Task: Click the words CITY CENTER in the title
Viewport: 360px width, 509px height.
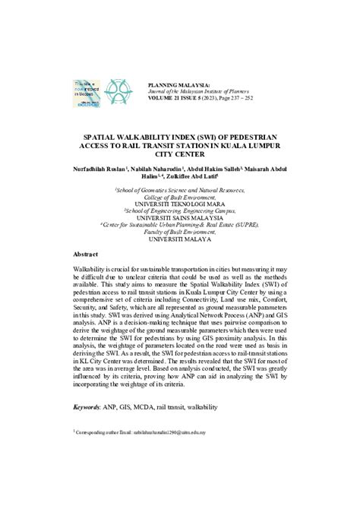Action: (180, 151)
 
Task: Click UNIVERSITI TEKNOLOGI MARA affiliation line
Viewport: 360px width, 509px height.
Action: (180, 204)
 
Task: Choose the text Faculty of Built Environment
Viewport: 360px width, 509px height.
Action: (180, 230)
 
